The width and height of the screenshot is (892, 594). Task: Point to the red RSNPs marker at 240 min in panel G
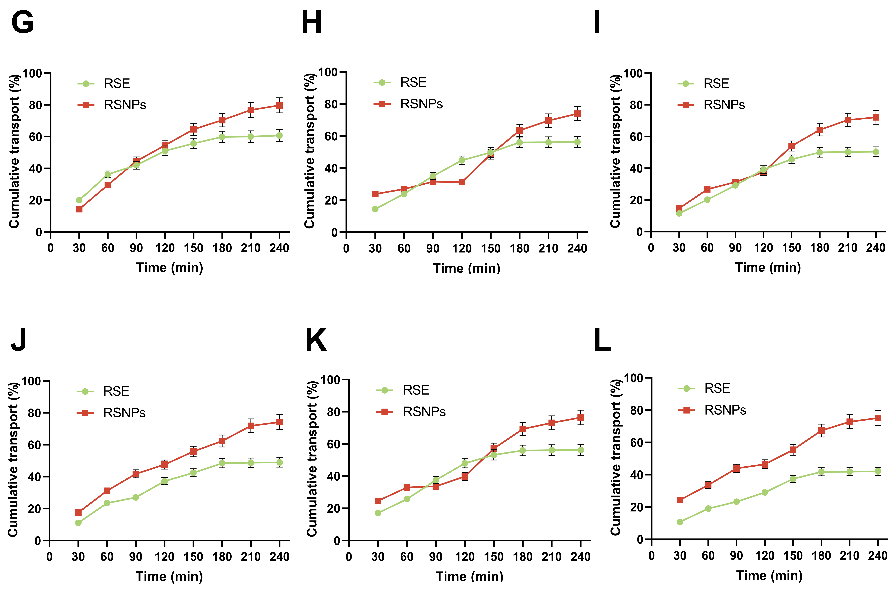[279, 105]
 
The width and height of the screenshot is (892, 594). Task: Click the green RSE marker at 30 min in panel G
[79, 200]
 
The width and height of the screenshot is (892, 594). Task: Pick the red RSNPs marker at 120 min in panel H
[462, 182]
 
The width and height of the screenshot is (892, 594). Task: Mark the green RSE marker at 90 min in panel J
[136, 497]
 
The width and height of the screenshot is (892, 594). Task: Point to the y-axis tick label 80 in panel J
[35, 413]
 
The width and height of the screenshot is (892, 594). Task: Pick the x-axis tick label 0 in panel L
[651, 556]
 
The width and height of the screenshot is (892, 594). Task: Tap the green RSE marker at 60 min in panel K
[407, 499]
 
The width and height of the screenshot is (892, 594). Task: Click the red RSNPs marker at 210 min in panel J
[251, 426]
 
